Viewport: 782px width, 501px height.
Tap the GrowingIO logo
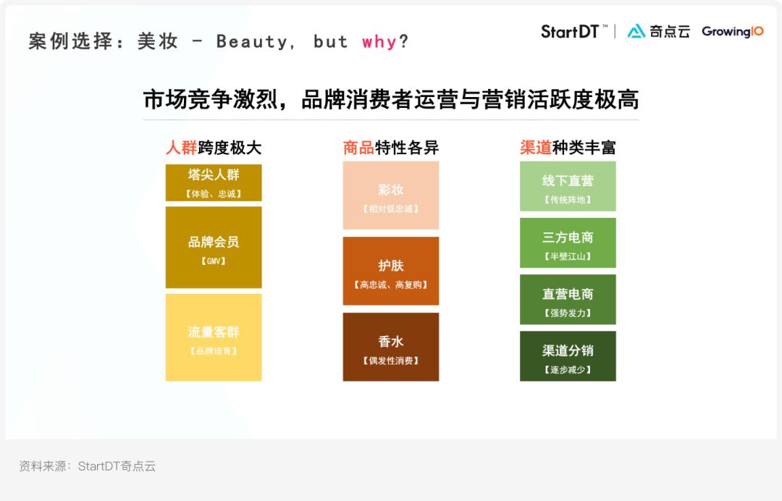click(732, 32)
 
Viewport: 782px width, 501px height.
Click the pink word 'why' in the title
click(379, 42)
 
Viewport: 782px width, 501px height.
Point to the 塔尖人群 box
click(214, 182)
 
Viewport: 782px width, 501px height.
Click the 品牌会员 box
click(214, 247)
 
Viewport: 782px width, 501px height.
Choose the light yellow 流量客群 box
click(214, 337)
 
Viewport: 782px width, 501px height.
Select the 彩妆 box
click(391, 195)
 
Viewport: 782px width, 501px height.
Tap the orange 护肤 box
click(391, 271)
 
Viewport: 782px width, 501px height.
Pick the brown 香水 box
click(391, 347)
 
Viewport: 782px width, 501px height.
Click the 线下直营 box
click(568, 186)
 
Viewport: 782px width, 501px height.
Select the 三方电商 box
click(568, 243)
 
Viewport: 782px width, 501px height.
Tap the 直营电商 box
click(568, 300)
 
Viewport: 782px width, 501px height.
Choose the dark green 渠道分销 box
click(568, 356)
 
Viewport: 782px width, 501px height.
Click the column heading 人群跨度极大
click(214, 148)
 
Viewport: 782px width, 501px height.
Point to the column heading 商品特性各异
click(391, 148)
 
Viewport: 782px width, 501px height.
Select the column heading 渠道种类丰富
click(568, 148)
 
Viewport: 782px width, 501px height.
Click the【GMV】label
click(214, 261)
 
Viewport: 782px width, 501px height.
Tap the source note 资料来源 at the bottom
click(88, 466)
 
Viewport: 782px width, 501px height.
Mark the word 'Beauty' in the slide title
click(252, 42)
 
